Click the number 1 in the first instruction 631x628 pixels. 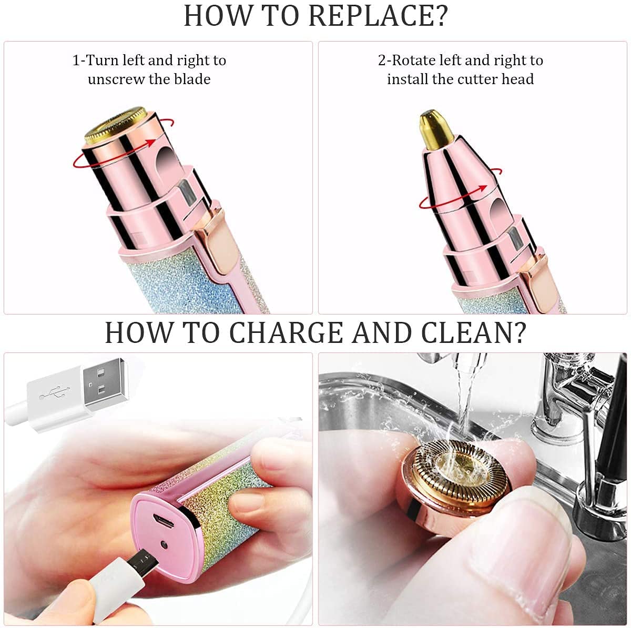coord(76,60)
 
